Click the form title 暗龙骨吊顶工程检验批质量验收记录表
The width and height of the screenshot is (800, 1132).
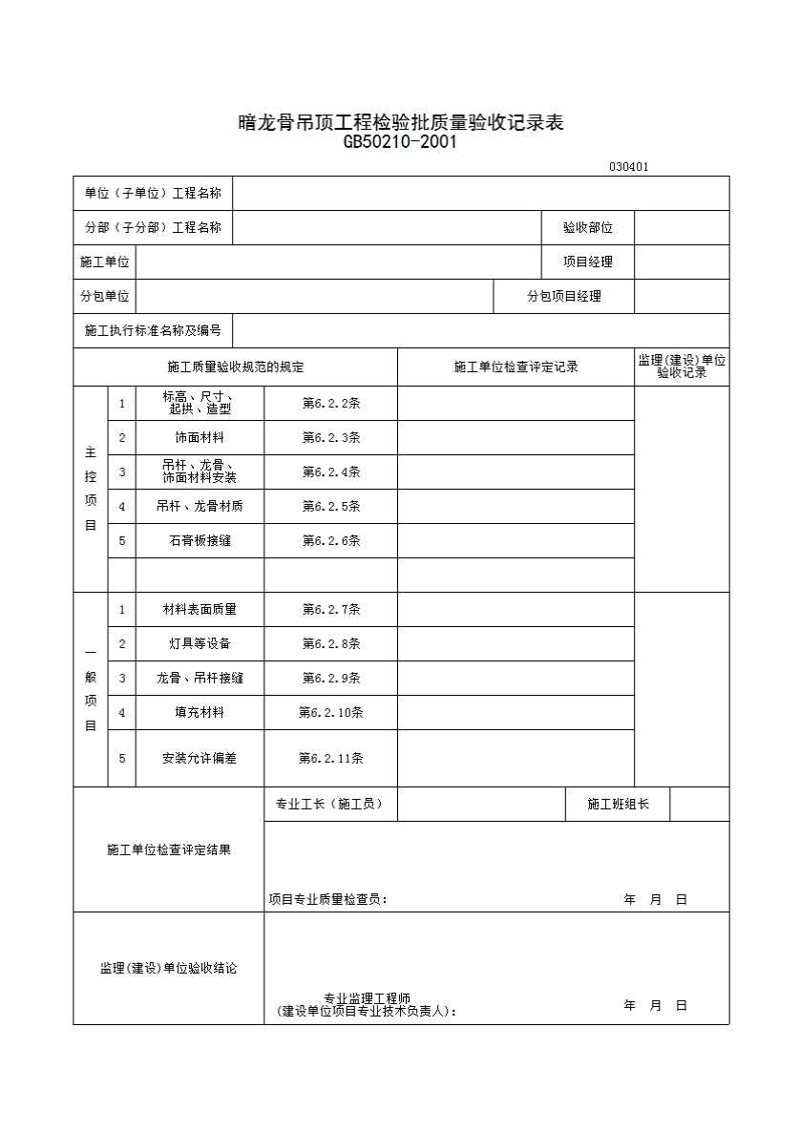[400, 123]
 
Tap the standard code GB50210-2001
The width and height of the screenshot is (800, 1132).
[400, 143]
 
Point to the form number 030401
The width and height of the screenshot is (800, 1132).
[628, 167]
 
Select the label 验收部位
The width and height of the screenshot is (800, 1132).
[588, 228]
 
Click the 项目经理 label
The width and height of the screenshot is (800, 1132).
[588, 262]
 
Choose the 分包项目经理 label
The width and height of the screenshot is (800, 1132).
[564, 297]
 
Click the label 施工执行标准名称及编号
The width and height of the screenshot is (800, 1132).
[153, 331]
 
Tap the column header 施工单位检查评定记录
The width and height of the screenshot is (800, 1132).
[516, 367]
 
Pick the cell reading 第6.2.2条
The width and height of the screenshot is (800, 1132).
[331, 404]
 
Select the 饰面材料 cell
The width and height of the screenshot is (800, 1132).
[200, 438]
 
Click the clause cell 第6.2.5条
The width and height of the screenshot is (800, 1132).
[331, 507]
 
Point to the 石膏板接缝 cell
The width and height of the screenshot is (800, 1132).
[200, 541]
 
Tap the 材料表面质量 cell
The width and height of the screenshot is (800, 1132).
[200, 610]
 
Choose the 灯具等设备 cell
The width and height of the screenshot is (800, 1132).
[200, 644]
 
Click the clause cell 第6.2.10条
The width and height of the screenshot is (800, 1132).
[331, 713]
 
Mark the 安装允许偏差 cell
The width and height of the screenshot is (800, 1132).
[200, 759]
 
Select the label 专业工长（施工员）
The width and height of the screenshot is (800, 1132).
[329, 805]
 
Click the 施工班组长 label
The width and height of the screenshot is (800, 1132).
[618, 805]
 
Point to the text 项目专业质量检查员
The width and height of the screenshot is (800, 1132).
[327, 900]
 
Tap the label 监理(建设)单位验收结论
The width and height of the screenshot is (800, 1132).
[169, 969]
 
